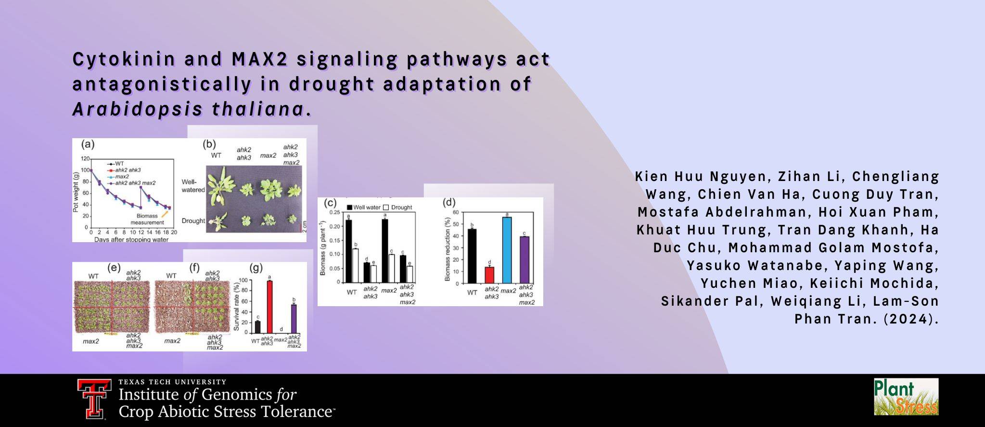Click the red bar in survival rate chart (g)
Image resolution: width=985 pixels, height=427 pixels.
pos(269,306)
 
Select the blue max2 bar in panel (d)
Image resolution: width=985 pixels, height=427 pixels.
pos(507,250)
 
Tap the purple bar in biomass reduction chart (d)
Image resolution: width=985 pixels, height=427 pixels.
pos(524,260)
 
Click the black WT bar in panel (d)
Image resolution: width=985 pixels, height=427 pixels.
pos(472,256)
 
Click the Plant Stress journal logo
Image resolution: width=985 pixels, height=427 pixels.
pos(906,397)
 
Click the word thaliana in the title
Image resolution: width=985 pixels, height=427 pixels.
pos(257,109)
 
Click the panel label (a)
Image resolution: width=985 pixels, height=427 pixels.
pos(88,144)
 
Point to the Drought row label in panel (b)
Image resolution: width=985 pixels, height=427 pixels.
pos(193,221)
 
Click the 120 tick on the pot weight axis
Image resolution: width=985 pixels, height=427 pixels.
pos(85,158)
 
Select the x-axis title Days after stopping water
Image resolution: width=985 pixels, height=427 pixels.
pos(131,239)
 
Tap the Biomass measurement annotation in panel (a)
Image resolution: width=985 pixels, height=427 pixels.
pos(147,219)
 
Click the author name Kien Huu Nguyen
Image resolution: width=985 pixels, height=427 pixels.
pos(700,177)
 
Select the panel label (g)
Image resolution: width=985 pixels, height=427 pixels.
pos(256,268)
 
